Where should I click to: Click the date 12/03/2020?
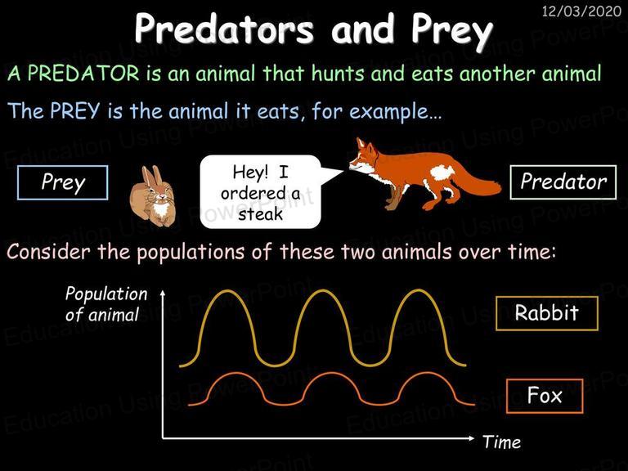(581, 11)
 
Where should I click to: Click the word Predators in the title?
(224, 29)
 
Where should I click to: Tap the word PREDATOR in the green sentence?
(83, 74)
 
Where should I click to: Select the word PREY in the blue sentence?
(75, 110)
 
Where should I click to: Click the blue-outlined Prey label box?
(63, 182)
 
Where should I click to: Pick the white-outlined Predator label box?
(563, 182)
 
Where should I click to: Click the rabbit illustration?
(153, 196)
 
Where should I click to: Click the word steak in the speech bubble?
(260, 214)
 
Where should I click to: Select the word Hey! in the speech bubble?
(250, 173)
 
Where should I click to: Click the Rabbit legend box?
(547, 313)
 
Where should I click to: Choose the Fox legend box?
(545, 396)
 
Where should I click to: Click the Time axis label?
(502, 442)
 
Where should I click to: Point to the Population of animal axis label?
(106, 304)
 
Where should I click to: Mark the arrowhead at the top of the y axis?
(163, 293)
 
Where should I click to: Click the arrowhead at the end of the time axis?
(471, 438)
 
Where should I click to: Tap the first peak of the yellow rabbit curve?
(227, 291)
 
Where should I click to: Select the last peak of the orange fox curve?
(427, 374)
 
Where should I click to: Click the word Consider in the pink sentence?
(48, 253)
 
